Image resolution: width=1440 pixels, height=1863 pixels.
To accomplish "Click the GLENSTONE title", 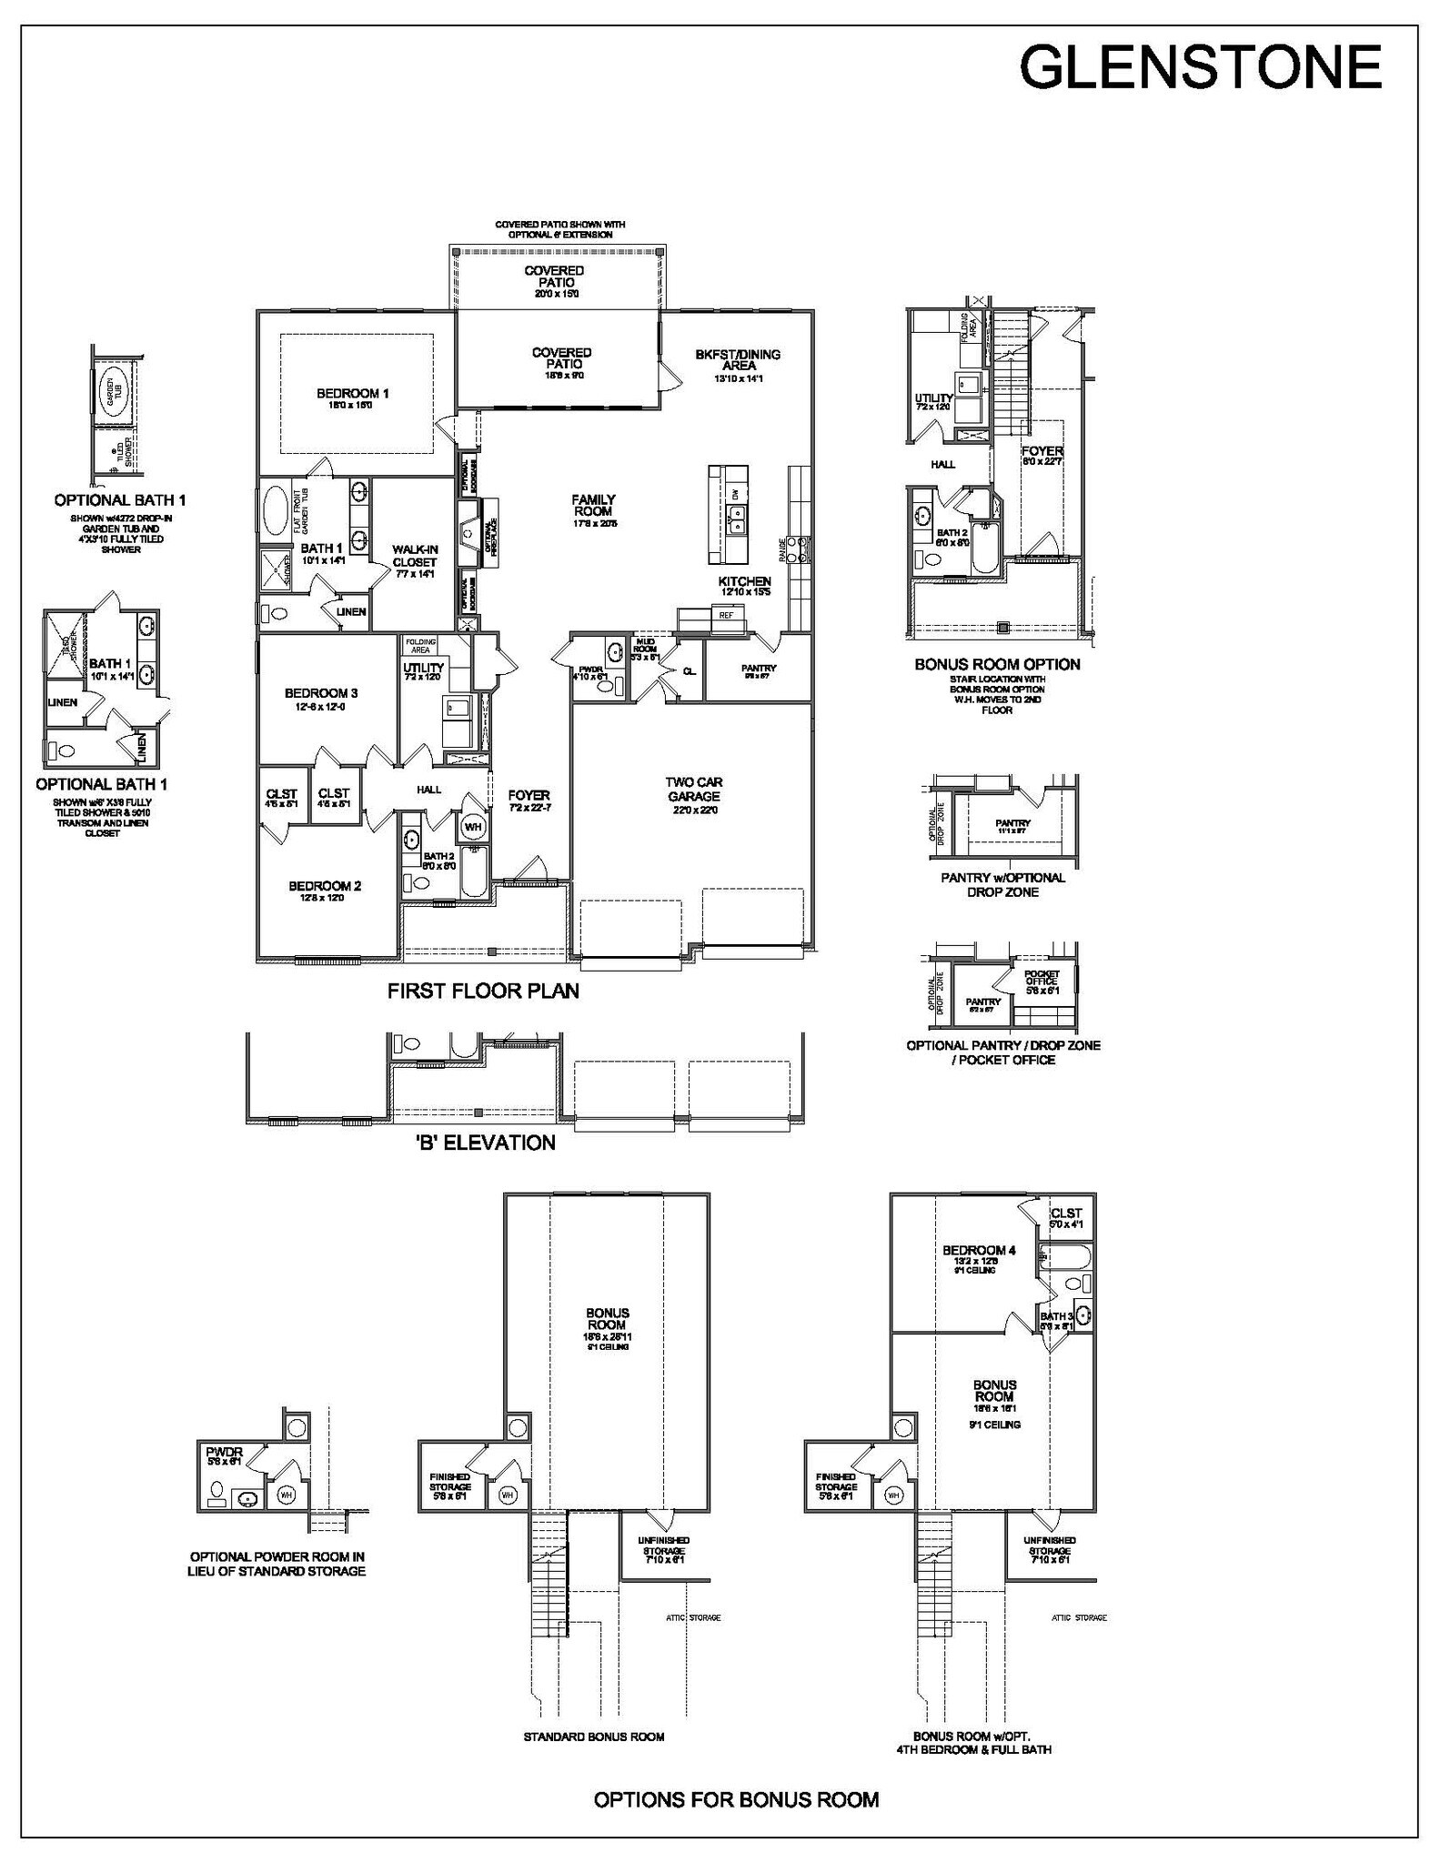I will click(x=1200, y=67).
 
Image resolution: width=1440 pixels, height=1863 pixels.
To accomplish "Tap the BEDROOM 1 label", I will click(x=353, y=394).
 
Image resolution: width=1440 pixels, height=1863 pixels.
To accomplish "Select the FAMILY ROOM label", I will click(x=593, y=506).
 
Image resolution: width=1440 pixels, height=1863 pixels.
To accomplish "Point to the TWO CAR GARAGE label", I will click(x=693, y=789).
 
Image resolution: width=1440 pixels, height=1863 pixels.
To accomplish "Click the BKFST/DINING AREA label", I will click(x=738, y=360).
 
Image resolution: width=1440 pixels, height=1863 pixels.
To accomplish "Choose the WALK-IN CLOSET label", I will click(x=415, y=556).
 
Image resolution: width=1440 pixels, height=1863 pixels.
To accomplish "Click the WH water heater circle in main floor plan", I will click(x=473, y=827).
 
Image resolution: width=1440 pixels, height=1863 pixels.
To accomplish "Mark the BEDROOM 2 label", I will click(x=326, y=886).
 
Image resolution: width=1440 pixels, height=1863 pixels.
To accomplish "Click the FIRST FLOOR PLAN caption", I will click(x=483, y=992).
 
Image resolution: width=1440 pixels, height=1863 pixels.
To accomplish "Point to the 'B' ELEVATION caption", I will click(x=484, y=1143).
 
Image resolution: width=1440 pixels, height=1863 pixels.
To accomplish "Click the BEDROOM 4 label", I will click(x=979, y=1251).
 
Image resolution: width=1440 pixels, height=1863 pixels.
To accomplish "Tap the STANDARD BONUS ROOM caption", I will click(x=593, y=1737).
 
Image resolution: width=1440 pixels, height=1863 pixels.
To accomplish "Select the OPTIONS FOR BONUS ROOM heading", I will click(x=736, y=1799).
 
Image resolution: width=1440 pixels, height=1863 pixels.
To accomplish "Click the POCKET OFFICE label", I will click(x=1042, y=977).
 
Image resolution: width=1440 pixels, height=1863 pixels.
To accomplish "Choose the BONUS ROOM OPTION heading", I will click(x=997, y=665).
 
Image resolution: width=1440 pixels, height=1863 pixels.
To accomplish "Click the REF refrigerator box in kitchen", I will click(x=726, y=616).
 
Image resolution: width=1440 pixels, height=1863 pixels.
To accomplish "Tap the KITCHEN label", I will click(x=745, y=581).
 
